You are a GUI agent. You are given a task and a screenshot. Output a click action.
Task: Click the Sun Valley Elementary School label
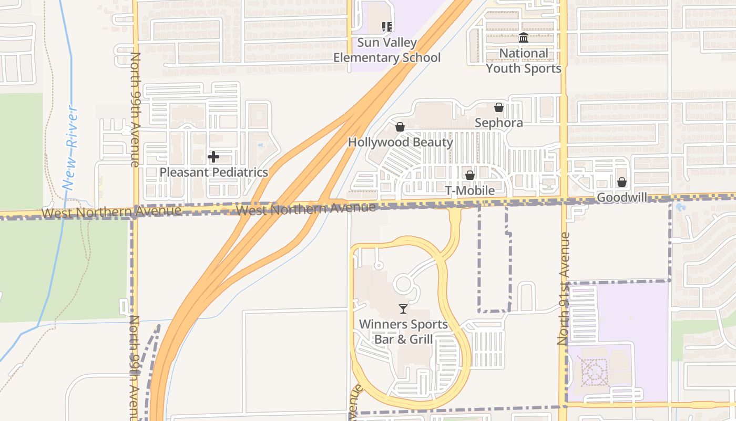point(387,50)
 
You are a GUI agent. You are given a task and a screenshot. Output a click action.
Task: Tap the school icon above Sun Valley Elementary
point(387,26)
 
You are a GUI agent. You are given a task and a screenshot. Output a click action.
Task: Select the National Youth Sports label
point(524,61)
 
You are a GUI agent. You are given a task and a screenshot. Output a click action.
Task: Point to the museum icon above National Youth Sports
point(524,38)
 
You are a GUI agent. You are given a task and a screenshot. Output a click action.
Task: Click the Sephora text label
point(498,123)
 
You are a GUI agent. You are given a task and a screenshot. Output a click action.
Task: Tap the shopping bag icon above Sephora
point(498,108)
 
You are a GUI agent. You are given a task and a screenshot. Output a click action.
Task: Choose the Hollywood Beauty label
point(400,142)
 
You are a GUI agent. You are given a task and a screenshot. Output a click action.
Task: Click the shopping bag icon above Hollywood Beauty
point(400,127)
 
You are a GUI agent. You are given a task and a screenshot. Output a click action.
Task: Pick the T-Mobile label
point(470,190)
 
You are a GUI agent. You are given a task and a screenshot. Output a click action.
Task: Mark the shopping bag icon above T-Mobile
point(470,175)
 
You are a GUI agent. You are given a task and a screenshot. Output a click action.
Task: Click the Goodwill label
point(622,197)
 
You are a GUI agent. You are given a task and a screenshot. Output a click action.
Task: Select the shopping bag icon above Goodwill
point(622,182)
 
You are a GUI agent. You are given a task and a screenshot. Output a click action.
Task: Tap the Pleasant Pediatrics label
point(213,172)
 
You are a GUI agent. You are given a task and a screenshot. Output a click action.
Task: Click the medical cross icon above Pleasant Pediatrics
point(213,156)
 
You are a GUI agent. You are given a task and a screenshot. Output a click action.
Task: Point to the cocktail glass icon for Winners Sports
point(403,309)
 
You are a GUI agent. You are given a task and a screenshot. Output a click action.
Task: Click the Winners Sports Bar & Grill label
point(403,332)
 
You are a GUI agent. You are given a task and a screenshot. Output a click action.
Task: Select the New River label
point(70,148)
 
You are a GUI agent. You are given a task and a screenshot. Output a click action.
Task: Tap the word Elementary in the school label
point(365,57)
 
